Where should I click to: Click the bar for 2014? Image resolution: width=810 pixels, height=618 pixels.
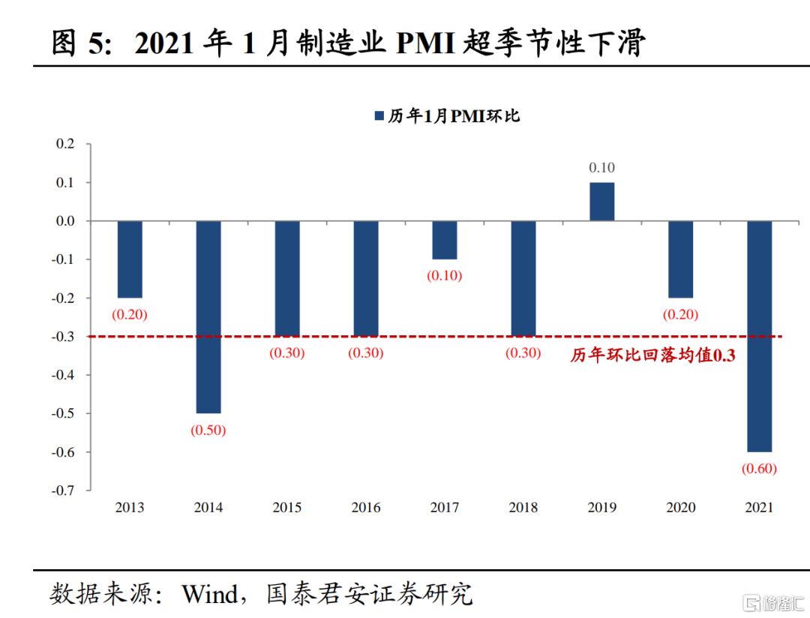(208, 316)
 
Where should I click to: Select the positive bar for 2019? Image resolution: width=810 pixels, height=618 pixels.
(601, 202)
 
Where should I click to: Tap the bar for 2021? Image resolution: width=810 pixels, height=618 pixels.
(760, 336)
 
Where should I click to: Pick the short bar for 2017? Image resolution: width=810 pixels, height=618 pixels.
(445, 240)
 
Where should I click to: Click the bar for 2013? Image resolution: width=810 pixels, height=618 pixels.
(130, 259)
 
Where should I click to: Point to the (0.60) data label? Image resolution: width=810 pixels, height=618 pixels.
(759, 469)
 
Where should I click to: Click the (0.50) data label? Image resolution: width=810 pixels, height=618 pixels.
(208, 430)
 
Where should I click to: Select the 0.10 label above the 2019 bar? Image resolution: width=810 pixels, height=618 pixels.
(601, 168)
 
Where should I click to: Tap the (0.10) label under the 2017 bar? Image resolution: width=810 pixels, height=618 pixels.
(445, 275)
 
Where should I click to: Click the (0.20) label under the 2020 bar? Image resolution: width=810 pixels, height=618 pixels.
(680, 315)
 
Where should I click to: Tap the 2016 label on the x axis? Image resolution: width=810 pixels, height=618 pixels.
(366, 508)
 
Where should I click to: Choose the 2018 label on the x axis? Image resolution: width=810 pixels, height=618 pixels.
(523, 508)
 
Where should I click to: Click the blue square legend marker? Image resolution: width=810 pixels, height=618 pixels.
(378, 116)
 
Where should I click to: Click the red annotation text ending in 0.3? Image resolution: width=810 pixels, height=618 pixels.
(652, 355)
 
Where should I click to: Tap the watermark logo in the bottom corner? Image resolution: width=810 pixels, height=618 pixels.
(751, 601)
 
